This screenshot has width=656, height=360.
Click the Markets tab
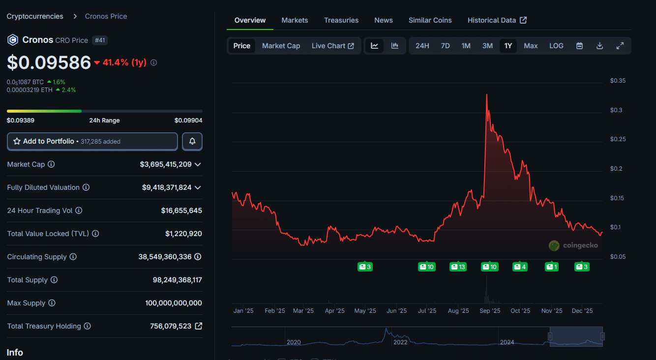coord(295,20)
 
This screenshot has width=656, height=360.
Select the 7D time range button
coord(445,46)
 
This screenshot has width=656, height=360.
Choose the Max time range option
coord(531,46)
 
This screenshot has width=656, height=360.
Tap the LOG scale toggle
coord(556,46)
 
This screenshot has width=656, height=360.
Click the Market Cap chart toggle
coord(281,46)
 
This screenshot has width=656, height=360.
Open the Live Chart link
coord(332,46)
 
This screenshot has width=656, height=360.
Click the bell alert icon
coord(192,141)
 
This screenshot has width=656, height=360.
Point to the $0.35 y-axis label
coord(617,81)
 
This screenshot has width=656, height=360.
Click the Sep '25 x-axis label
coord(489,311)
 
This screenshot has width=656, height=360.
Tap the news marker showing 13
coord(458,267)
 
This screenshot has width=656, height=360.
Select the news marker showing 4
coord(520,267)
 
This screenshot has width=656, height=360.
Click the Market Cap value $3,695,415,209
coord(166,164)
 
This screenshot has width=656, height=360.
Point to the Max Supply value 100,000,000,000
coord(174,303)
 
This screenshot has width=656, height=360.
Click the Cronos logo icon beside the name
coord(12,40)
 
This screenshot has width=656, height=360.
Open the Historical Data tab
coord(497,20)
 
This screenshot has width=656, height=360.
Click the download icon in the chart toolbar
coord(599,46)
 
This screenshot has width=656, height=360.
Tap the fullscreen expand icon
coord(620,46)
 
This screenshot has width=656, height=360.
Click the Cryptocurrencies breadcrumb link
coord(35,16)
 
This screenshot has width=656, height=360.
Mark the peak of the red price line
coord(486,94)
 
